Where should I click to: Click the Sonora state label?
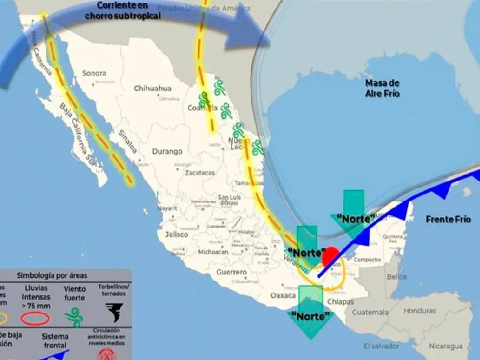click(94, 73)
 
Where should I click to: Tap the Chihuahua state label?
click(152, 88)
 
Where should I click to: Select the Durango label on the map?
click(167, 151)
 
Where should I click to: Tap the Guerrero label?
click(232, 272)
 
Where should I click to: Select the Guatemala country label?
click(370, 312)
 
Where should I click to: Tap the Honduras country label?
click(419, 311)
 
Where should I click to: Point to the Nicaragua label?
click(444, 346)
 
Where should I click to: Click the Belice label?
click(397, 277)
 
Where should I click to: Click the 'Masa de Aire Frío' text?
click(382, 88)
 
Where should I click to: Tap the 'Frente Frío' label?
click(448, 219)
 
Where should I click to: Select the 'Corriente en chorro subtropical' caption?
click(122, 11)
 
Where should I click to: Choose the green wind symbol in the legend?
click(74, 316)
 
